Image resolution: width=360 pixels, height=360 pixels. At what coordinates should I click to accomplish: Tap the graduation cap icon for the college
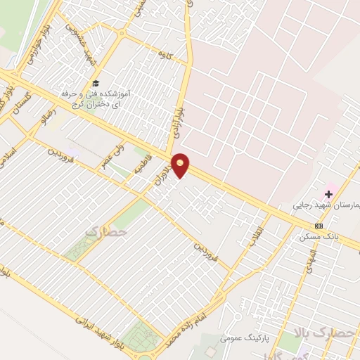pos(96,83)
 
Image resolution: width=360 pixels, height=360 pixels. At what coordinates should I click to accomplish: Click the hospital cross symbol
pos(328,193)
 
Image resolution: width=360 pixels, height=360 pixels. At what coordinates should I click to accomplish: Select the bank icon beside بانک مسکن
pos(319,226)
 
